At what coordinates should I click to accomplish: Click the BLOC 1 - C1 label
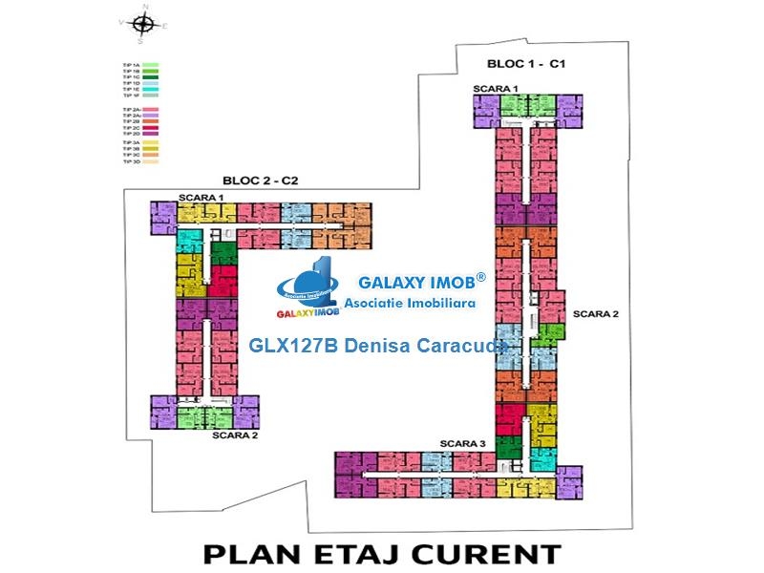pos(528,64)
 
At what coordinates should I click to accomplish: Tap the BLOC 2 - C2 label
pos(261,180)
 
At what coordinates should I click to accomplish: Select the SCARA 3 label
pos(462,443)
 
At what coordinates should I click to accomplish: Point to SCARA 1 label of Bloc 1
pos(496,88)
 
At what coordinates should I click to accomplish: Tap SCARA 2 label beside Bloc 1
pos(596,313)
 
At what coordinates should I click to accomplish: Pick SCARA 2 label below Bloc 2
pos(235,435)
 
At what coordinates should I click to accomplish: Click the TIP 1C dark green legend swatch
pos(151,76)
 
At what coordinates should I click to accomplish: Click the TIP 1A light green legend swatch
pos(151,64)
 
